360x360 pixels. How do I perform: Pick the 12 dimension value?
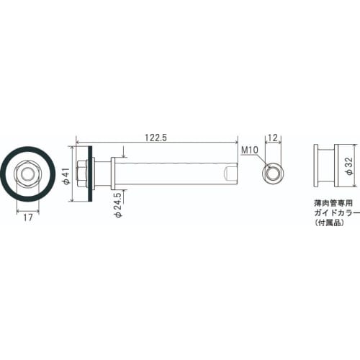(x=274, y=137)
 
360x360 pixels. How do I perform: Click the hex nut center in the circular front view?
(x=27, y=174)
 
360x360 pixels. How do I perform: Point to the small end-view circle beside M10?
(x=274, y=173)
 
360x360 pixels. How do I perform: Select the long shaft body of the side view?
(x=173, y=174)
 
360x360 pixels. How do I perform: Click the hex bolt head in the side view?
(x=81, y=174)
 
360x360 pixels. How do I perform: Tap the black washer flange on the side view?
(x=89, y=174)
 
